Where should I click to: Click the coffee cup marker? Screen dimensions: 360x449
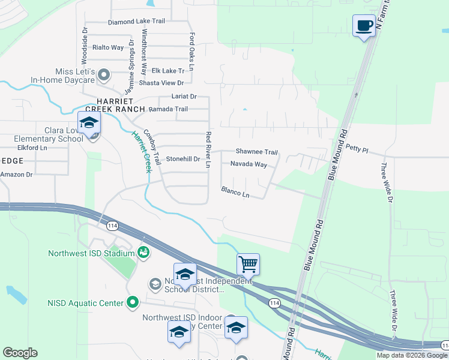364,26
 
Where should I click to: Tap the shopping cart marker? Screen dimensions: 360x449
248,263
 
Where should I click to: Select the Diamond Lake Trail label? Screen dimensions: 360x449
136,22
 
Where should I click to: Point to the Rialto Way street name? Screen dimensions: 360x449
107,47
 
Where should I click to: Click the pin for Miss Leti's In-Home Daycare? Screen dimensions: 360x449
104,75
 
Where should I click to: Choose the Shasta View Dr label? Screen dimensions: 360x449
161,83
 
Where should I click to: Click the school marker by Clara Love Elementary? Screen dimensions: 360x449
89,124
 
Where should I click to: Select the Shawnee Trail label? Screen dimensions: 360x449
256,152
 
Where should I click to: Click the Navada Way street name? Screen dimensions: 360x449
249,164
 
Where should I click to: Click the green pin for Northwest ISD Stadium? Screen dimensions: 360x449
143,253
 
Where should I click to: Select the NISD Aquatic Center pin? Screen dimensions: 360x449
133,303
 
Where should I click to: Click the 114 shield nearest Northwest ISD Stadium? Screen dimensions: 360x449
112,226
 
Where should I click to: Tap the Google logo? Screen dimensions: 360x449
20,353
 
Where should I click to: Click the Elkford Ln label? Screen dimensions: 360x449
32,147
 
